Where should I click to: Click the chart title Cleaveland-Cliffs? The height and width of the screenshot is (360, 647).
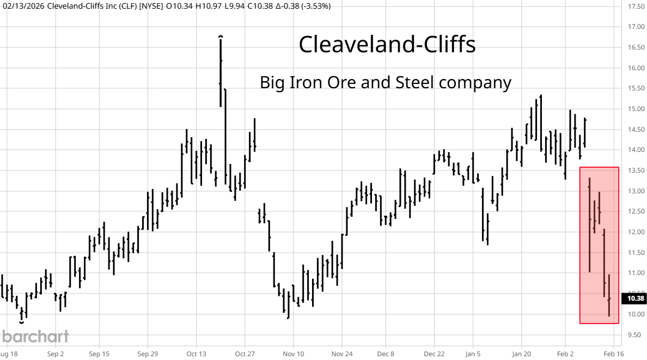pyautogui.click(x=387, y=45)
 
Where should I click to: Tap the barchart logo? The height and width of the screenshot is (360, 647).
pyautogui.click(x=34, y=336)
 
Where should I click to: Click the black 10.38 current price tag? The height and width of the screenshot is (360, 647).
pyautogui.click(x=636, y=298)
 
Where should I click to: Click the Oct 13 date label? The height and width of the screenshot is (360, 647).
pyautogui.click(x=196, y=353)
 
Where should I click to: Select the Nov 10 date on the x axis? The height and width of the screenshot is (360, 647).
pyautogui.click(x=293, y=353)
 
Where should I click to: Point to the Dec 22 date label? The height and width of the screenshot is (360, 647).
pyautogui.click(x=434, y=353)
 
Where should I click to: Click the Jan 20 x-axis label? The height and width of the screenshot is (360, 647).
pyautogui.click(x=521, y=353)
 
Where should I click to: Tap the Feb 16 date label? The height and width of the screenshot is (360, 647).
pyautogui.click(x=613, y=353)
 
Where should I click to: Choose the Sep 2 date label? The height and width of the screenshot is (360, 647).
pyautogui.click(x=56, y=353)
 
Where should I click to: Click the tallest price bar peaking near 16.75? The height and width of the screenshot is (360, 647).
pyautogui.click(x=221, y=71)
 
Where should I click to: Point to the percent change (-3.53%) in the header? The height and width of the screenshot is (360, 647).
pyautogui.click(x=313, y=6)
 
